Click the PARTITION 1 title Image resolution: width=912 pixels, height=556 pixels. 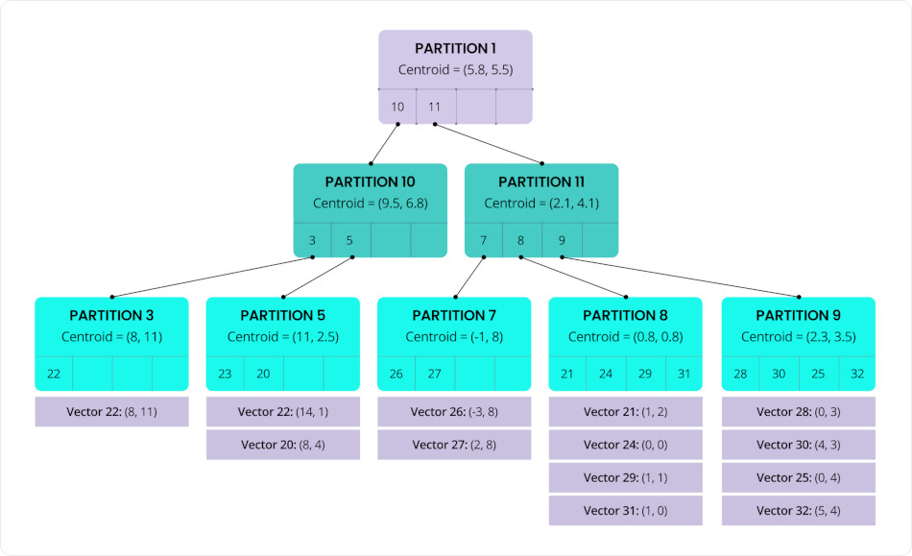pyautogui.click(x=455, y=48)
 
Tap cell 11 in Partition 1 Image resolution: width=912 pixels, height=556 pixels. pyautogui.click(x=435, y=107)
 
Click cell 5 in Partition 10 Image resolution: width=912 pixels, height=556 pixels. pyautogui.click(x=350, y=240)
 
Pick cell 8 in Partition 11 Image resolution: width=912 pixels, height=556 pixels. pyautogui.click(x=521, y=240)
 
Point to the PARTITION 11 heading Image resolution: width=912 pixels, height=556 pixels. pyautogui.click(x=541, y=181)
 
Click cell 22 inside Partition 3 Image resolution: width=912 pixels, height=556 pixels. pyautogui.click(x=54, y=374)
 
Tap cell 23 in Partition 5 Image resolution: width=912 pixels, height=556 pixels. pyautogui.click(x=225, y=374)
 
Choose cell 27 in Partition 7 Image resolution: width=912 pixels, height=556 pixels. pyautogui.click(x=435, y=374)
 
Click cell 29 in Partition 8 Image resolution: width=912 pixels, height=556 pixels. pyautogui.click(x=645, y=374)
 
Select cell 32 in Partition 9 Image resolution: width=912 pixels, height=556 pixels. pyautogui.click(x=856, y=374)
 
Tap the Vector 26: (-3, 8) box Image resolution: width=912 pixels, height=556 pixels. pyautogui.click(x=454, y=412)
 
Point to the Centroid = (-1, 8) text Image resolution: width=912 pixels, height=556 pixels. pyautogui.click(x=454, y=337)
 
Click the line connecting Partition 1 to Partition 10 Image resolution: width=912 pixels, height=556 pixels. pyautogui.click(x=384, y=143)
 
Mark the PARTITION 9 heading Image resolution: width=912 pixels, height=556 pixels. pyautogui.click(x=798, y=315)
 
